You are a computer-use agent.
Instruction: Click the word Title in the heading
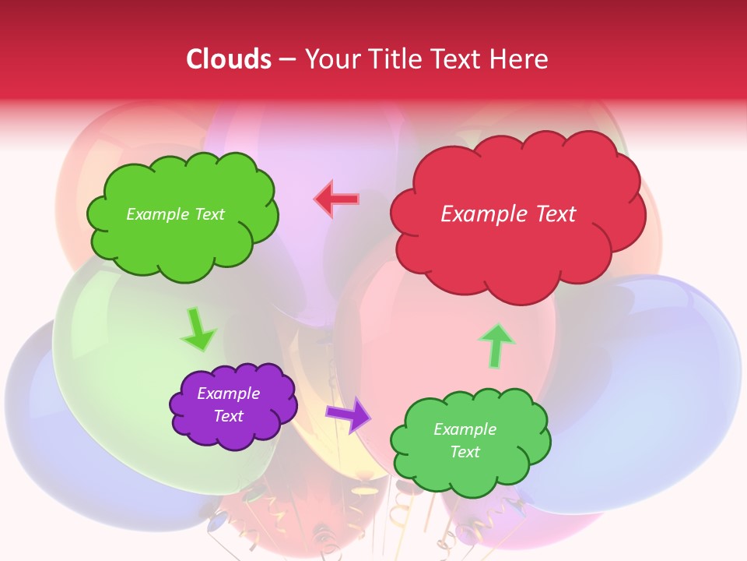389,59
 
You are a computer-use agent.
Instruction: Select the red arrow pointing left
336,199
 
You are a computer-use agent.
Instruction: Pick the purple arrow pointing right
349,414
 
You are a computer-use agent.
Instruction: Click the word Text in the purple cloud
229,416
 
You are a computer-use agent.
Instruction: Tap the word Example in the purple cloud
229,393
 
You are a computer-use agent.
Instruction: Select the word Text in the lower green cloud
465,452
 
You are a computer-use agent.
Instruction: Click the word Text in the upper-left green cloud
208,214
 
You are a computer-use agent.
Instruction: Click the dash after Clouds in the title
286,60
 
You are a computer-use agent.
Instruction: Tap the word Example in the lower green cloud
465,429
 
